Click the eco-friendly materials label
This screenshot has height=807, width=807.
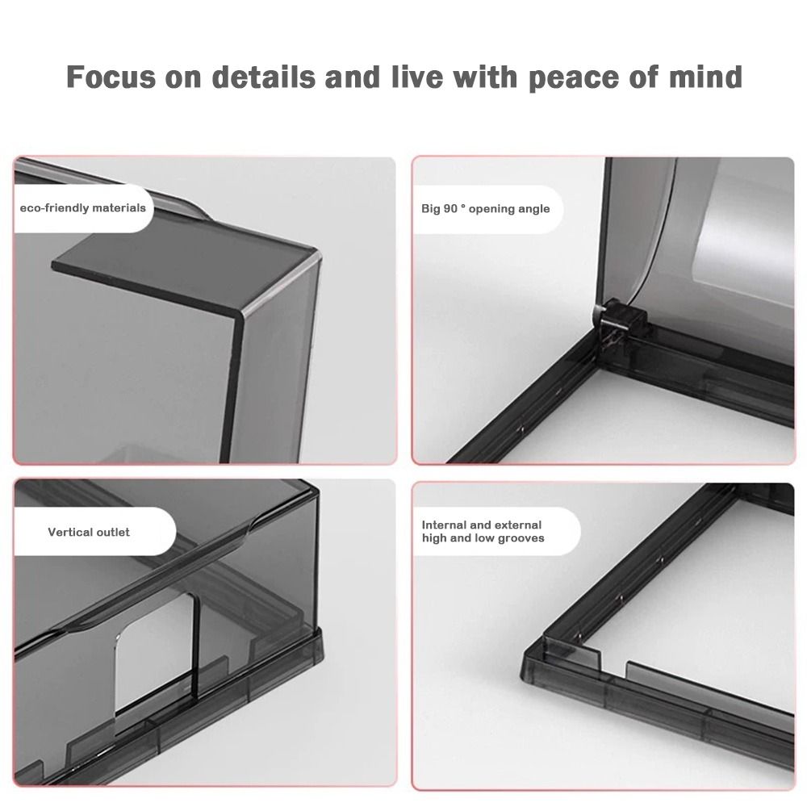coord(83,208)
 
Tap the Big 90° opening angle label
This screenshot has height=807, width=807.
coord(485,209)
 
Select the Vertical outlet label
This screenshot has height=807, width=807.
coord(89,532)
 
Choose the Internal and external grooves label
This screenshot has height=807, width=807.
coord(483,532)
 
